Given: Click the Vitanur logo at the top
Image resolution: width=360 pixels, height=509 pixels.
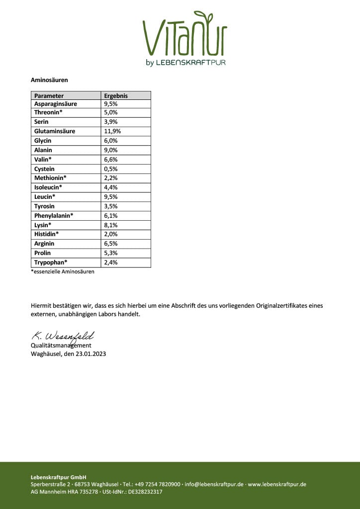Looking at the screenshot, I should pos(185,38).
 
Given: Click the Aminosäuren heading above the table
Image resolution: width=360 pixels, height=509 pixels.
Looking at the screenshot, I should pos(49,80).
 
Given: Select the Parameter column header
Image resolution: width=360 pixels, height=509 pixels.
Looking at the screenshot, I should pos(49,95).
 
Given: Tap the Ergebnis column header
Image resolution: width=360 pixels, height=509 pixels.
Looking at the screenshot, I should pos(115,95).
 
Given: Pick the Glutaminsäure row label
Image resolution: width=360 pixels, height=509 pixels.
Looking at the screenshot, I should pos(55,131).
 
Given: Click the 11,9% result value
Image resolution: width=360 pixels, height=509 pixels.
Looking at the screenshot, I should pos(112,131).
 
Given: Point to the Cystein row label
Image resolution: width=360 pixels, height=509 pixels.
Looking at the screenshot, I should pos(44,169).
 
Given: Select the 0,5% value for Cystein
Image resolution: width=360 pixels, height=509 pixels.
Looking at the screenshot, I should pos(110,169).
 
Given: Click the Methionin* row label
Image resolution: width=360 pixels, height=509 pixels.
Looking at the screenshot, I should pos(50,178).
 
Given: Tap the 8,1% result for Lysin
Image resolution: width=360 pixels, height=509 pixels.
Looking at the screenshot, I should pos(110,225).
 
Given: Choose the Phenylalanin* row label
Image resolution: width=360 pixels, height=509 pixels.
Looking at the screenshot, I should pos(54,216).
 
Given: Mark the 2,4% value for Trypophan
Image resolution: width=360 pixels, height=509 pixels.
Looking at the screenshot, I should pos(110,262).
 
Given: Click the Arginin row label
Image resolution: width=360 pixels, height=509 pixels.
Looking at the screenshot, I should pos(44,244).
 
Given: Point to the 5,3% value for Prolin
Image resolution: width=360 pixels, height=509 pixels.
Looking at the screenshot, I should pos(110,253).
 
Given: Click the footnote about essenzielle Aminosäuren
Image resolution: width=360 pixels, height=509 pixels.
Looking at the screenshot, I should pos(62,271).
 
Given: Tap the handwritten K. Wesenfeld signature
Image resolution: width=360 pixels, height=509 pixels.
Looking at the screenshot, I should pos(63,337).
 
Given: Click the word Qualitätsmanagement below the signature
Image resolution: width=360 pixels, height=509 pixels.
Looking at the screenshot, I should pos(61,345).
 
